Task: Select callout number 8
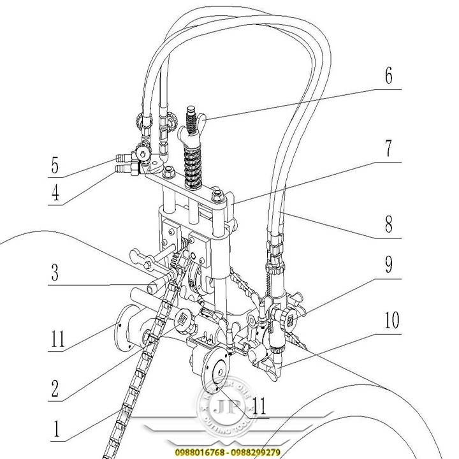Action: [x=389, y=224]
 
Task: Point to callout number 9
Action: [x=389, y=265]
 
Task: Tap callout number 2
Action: [x=55, y=387]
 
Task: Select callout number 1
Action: [x=55, y=429]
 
